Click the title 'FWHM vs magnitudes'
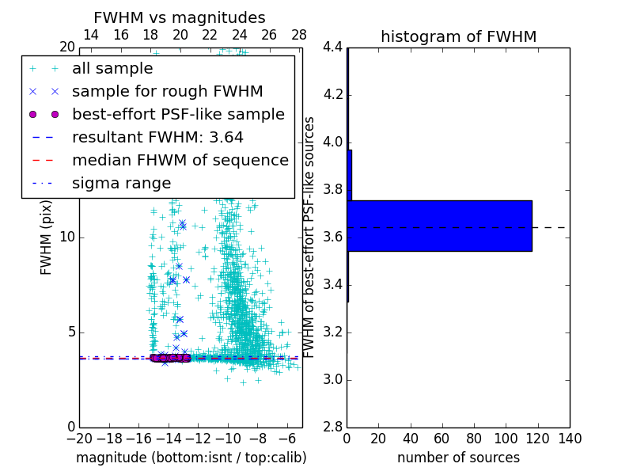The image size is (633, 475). [x=180, y=18]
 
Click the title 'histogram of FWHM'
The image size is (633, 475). [x=458, y=36]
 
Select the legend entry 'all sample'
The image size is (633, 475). [x=112, y=69]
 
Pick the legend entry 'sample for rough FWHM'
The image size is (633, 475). [x=167, y=92]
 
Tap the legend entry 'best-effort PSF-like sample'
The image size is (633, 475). [x=178, y=115]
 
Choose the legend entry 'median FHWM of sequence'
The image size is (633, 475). [x=180, y=161]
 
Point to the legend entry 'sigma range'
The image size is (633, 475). [x=121, y=184]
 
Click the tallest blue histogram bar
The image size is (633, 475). [x=439, y=226]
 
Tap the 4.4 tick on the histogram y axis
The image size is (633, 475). [x=332, y=47]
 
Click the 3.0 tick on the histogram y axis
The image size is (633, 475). [x=332, y=379]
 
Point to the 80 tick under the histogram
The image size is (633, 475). [x=474, y=439]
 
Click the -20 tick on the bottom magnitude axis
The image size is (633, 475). [x=79, y=439]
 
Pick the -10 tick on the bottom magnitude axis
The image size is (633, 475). [x=228, y=439]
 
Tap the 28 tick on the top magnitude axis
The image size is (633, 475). [x=299, y=35]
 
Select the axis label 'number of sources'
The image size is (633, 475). [x=458, y=458]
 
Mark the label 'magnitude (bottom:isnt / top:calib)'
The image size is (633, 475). [x=191, y=458]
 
